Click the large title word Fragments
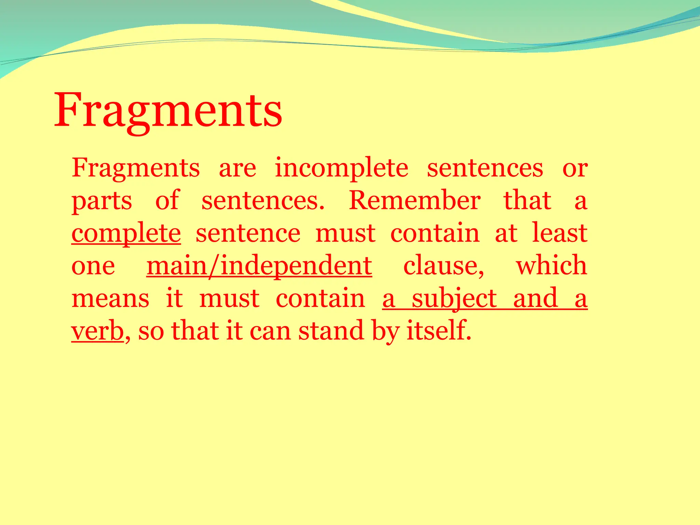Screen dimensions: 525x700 tap(168, 110)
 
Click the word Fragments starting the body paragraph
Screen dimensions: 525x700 tap(136, 168)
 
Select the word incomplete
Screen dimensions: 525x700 tap(341, 168)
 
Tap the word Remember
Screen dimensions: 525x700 tap(415, 201)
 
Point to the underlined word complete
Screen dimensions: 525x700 tap(126, 233)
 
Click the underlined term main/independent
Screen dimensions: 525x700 tap(259, 266)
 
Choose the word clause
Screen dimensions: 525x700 tap(444, 266)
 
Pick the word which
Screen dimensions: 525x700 tap(551, 266)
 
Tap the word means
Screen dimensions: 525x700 tap(110, 298)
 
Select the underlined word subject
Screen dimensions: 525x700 tap(454, 298)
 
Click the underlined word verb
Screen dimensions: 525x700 tap(97, 331)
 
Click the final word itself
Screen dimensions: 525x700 tap(439, 331)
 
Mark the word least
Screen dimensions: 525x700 tap(560, 233)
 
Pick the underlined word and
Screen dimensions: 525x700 tap(536, 298)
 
